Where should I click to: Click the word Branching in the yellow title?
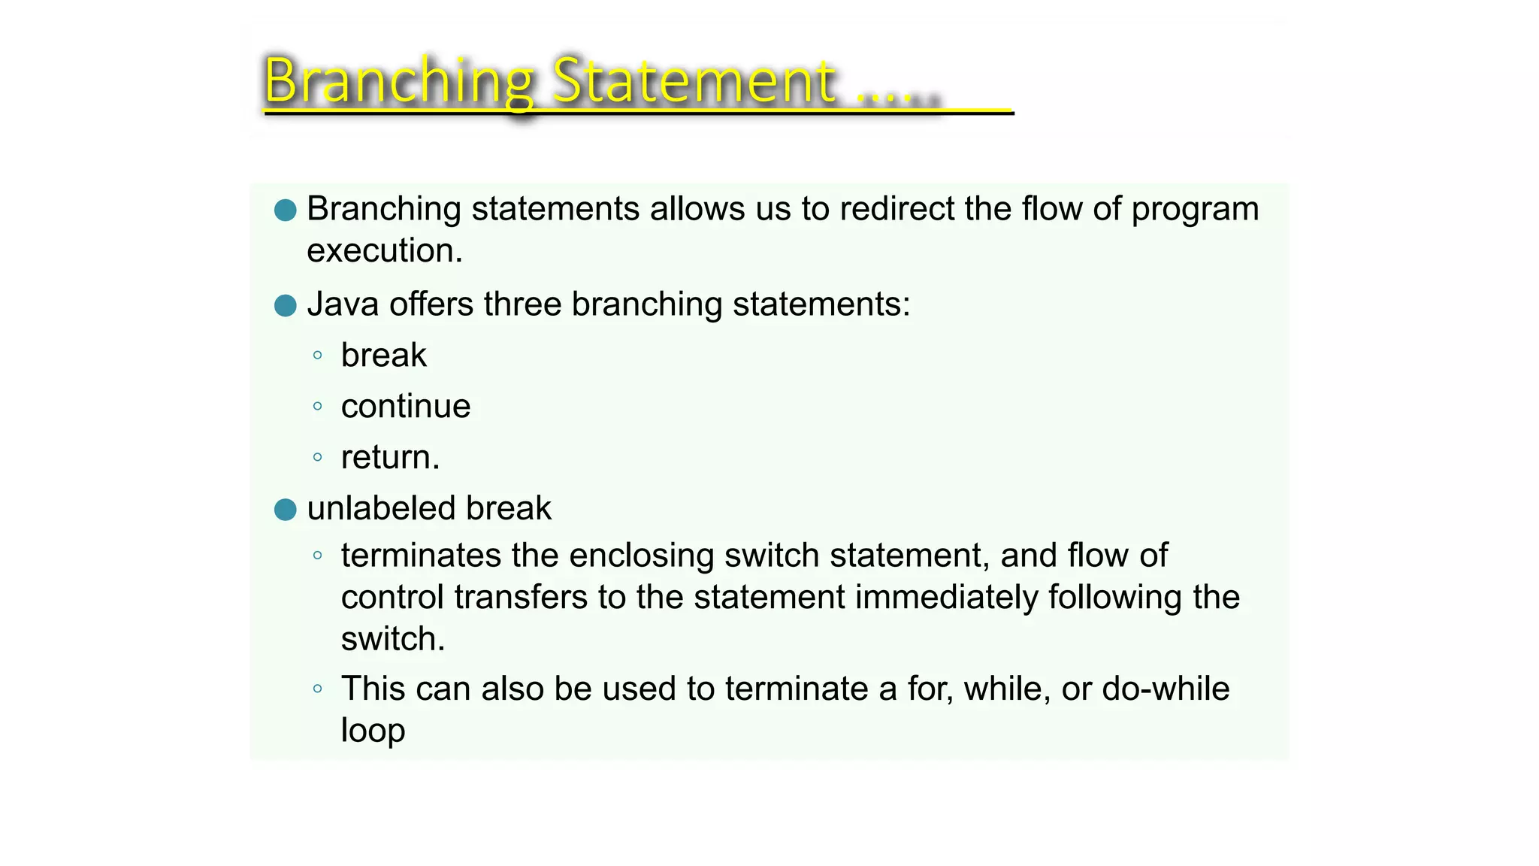[398, 81]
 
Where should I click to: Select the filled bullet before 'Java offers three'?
[286, 306]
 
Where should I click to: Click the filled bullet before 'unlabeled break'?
[286, 510]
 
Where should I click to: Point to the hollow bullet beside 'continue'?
[318, 407]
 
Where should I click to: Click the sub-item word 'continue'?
[406, 407]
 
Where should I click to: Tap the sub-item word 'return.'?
[390, 457]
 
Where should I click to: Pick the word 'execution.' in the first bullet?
[385, 250]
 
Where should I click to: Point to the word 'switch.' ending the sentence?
[393, 639]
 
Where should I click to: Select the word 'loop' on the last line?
[373, 731]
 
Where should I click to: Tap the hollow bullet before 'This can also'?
[318, 689]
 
